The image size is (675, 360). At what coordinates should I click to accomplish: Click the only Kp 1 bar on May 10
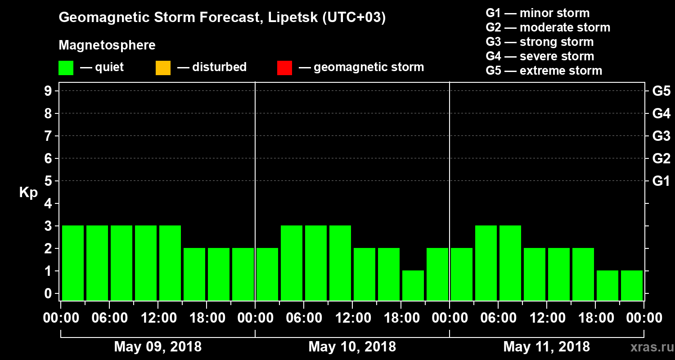[413, 285]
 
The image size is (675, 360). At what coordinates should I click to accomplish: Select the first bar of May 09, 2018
[73, 262]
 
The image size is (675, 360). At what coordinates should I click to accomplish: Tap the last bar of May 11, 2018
[632, 285]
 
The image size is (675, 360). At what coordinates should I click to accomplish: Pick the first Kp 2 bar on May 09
[194, 274]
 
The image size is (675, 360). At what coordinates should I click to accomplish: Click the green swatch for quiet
[66, 68]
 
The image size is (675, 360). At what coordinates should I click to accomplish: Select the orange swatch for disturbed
[163, 68]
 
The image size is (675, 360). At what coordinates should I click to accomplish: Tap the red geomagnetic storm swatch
[284, 68]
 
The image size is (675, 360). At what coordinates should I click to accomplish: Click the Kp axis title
[28, 193]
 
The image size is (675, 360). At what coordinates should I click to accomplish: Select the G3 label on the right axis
[661, 136]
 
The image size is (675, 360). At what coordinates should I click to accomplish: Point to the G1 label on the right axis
[661, 181]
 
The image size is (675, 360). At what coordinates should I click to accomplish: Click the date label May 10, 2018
[352, 347]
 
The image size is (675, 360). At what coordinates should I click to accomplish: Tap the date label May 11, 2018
[546, 347]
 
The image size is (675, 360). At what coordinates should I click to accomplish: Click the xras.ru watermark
[648, 347]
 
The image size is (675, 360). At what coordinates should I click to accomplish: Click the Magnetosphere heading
[107, 45]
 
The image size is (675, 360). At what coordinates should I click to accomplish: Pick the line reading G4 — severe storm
[540, 56]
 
